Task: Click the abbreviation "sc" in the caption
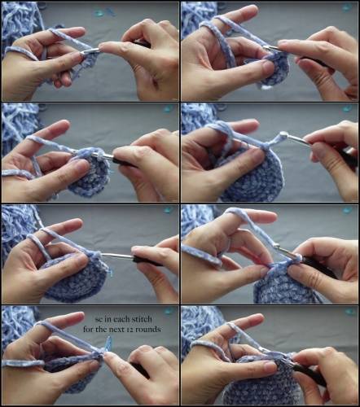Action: [99, 319]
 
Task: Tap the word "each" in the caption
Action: [121, 319]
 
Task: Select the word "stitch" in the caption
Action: [142, 319]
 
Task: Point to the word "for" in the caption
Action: [88, 329]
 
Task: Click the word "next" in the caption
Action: [116, 330]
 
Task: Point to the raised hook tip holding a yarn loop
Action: [283, 134]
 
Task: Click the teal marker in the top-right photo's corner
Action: [346, 7]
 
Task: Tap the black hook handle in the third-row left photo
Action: [147, 260]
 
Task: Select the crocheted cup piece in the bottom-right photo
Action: [261, 383]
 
